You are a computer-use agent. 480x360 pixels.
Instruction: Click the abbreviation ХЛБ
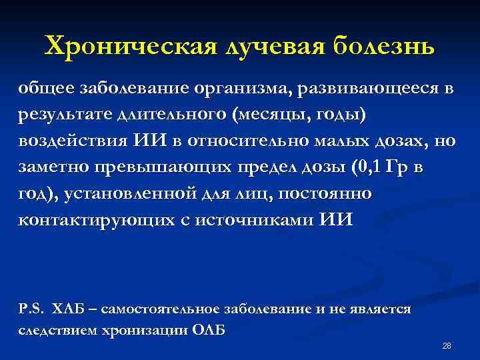(67, 309)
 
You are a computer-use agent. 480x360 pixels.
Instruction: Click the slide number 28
(447, 345)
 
